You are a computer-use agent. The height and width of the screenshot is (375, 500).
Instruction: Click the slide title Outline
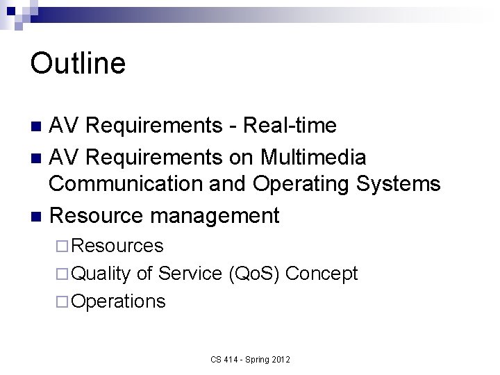click(78, 63)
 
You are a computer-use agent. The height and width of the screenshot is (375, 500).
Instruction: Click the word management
click(215, 215)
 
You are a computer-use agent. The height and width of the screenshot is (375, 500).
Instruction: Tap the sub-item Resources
click(117, 246)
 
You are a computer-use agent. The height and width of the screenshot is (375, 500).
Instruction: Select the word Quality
click(101, 274)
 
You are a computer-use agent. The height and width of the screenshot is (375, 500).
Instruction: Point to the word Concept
click(322, 274)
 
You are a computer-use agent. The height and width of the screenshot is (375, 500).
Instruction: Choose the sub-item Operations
click(118, 301)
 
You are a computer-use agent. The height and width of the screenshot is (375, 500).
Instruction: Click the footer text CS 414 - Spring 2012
click(250, 360)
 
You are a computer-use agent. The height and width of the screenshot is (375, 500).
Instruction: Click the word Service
click(190, 274)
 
